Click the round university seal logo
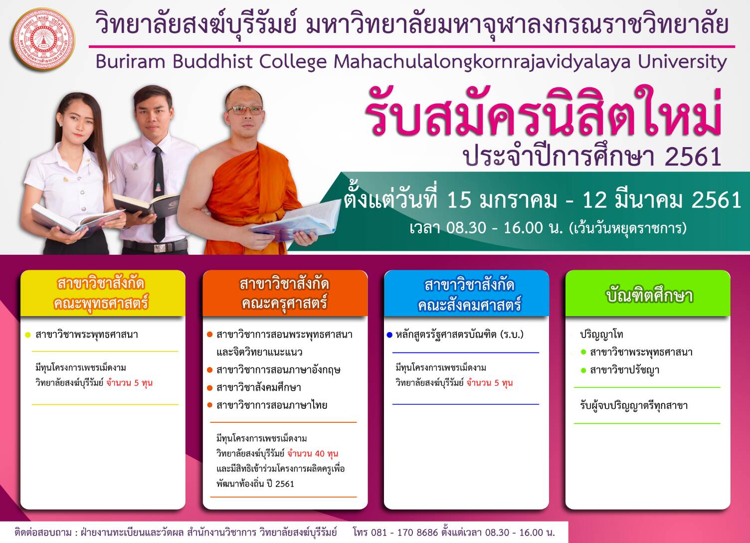pyautogui.click(x=43, y=39)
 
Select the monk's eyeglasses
pyautogui.click(x=245, y=110)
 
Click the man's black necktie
pyautogui.click(x=159, y=194)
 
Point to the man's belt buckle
pyautogui.click(x=160, y=248)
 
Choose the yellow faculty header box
pyautogui.click(x=103, y=293)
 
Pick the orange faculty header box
pyautogui.click(x=285, y=293)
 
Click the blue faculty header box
pyautogui.click(x=466, y=293)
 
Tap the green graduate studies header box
pyautogui.click(x=648, y=293)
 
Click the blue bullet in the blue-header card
pyautogui.click(x=389, y=335)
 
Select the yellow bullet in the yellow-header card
pyautogui.click(x=28, y=335)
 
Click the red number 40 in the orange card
pyautogui.click(x=320, y=454)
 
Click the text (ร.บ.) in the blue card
pyautogui.click(x=511, y=335)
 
